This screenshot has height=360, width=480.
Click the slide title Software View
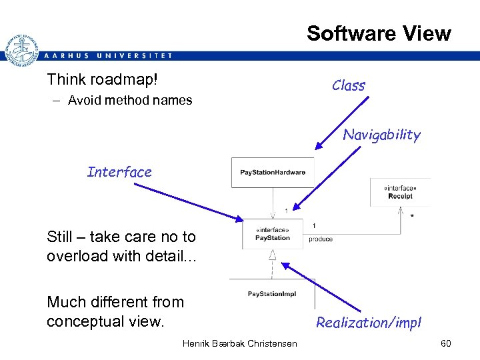point(378,33)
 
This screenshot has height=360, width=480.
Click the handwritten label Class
point(349,85)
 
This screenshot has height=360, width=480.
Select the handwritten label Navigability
point(381,135)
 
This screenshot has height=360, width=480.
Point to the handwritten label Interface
point(119,172)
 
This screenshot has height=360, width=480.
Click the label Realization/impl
point(368,323)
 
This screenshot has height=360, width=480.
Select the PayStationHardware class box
point(272,173)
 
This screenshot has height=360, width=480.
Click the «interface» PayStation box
point(273,234)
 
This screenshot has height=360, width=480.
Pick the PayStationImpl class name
point(272,293)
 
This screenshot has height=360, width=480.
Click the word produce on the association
point(321,239)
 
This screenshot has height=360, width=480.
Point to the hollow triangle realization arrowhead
point(273,255)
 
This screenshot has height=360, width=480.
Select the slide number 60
point(445,343)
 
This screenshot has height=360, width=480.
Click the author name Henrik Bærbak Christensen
point(239,343)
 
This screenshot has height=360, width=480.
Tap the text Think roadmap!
point(103,80)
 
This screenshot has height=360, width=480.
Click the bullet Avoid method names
point(129,101)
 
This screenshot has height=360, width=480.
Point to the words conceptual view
point(105,321)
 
